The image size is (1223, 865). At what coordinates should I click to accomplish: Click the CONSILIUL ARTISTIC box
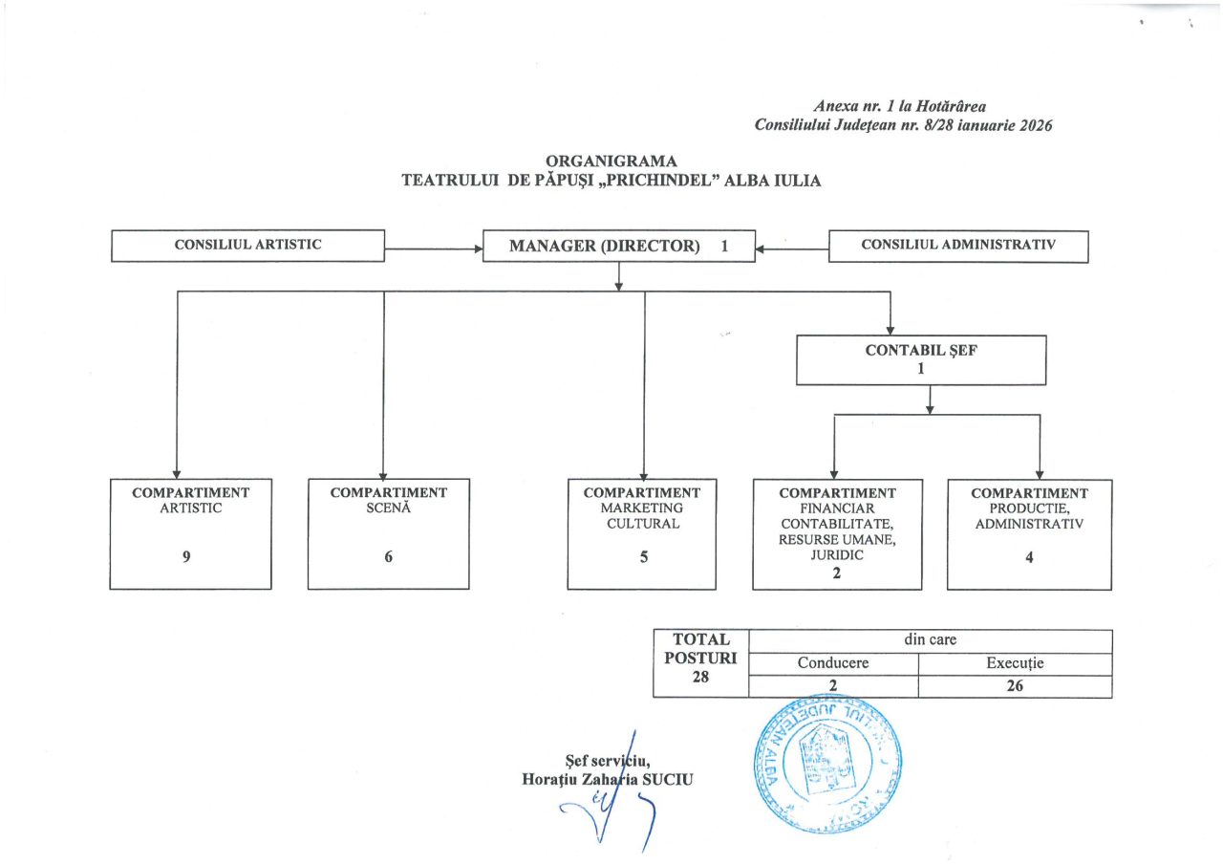pos(247,245)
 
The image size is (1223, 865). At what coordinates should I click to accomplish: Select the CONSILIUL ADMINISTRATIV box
pos(957,245)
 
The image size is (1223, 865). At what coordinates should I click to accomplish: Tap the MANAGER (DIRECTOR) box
pos(618,246)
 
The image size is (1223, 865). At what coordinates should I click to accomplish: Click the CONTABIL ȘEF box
pos(921,359)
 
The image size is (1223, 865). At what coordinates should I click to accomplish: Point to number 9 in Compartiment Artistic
pos(189,558)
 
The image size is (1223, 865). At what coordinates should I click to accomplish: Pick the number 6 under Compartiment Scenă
pos(388,558)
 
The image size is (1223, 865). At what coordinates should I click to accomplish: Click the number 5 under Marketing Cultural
pos(642,558)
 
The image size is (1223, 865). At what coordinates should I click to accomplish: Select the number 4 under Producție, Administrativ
pos(1029,558)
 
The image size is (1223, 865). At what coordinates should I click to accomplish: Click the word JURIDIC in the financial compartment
pos(837,556)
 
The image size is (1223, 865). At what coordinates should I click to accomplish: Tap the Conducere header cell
pos(833,663)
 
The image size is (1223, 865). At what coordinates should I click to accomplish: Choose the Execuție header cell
pos(1015,663)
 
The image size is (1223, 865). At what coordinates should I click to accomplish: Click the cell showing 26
pos(1015,685)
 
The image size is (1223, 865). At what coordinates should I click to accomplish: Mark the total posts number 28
pos(701,678)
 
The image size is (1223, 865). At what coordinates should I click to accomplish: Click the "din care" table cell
pos(930,640)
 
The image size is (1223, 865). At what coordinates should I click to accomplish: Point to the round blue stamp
pos(828,762)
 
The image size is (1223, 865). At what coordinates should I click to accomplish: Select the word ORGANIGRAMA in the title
pos(611,161)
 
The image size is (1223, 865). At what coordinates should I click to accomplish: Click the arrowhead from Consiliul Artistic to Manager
pos(478,249)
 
